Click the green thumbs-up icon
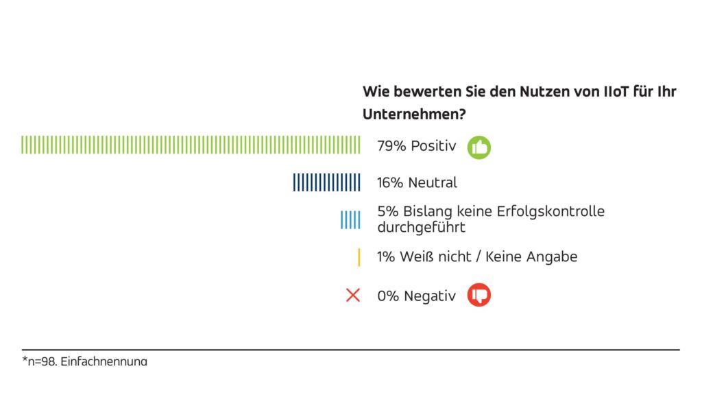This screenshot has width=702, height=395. click(479, 147)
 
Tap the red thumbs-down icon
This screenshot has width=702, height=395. click(479, 296)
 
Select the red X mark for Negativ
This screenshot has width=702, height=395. click(353, 296)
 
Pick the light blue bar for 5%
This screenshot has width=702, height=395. click(350, 219)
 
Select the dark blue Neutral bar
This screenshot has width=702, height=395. click(326, 182)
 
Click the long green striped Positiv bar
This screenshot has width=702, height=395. click(191, 145)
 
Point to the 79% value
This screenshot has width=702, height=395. click(391, 145)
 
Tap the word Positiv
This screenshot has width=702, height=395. click(433, 145)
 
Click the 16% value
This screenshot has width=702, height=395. click(391, 182)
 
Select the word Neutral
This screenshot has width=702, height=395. click(433, 182)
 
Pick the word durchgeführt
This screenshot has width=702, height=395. click(420, 227)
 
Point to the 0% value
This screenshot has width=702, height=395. click(389, 296)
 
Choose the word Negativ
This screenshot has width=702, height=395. click(430, 296)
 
